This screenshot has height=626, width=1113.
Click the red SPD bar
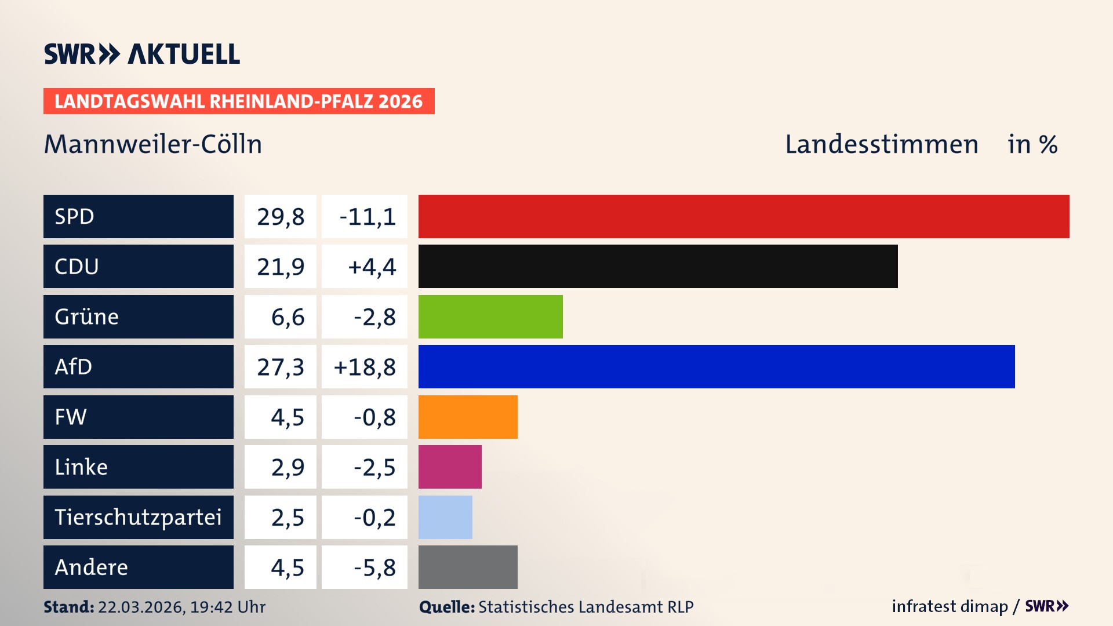click(744, 216)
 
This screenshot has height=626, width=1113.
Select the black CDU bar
click(658, 266)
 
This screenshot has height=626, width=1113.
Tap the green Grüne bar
click(490, 316)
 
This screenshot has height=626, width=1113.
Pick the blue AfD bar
click(716, 366)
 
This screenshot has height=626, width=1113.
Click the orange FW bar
click(468, 417)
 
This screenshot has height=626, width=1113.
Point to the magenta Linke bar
click(450, 467)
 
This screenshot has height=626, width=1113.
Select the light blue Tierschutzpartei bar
click(445, 517)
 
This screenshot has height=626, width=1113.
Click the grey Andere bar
click(468, 567)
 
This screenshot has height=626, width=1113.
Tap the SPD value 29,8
click(281, 217)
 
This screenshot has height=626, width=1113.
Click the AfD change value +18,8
click(365, 367)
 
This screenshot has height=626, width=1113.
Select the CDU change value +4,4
click(372, 267)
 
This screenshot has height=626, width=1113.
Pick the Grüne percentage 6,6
click(288, 317)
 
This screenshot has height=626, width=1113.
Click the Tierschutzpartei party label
click(138, 517)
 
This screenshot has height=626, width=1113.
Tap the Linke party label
click(81, 467)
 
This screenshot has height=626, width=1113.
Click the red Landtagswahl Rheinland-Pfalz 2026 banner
click(239, 101)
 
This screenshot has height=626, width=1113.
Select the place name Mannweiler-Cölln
click(153, 144)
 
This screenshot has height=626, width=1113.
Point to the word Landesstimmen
click(881, 144)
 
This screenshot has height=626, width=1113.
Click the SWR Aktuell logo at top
click(142, 54)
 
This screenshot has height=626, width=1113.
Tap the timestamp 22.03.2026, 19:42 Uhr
click(181, 607)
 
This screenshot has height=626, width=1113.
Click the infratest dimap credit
click(950, 606)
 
